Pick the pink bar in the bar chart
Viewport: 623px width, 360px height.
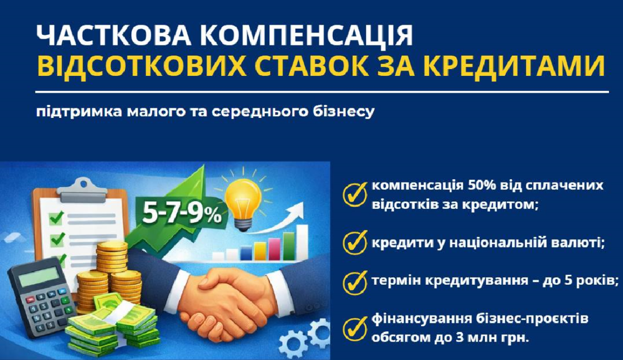[274, 247]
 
